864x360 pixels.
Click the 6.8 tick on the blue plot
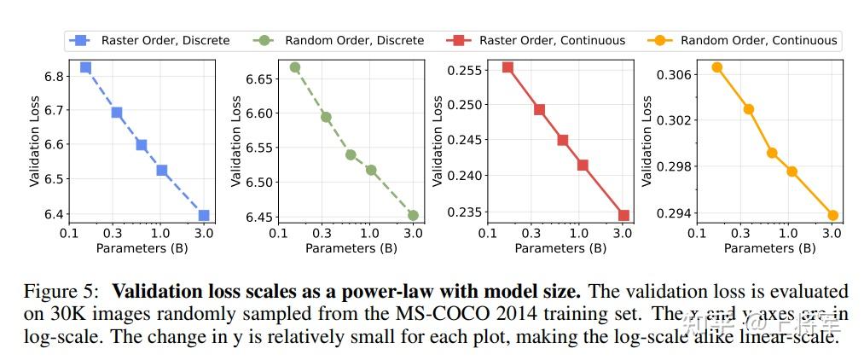point(55,77)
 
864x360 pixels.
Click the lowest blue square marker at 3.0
point(204,215)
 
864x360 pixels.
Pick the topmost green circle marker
point(295,67)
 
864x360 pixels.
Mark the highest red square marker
point(507,67)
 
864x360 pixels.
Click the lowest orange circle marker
point(832,215)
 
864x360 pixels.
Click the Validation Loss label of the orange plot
point(647,142)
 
